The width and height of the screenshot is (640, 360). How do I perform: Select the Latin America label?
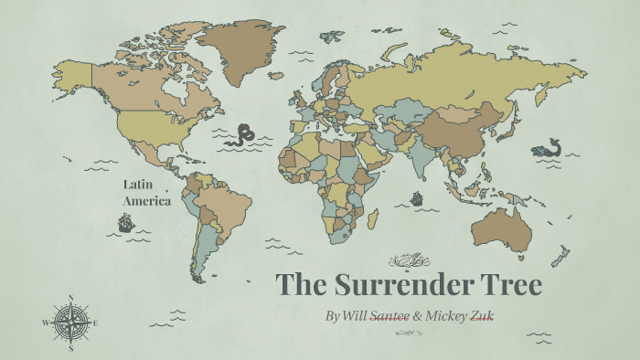coord(146,193)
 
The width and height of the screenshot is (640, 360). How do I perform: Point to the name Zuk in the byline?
coord(483,315)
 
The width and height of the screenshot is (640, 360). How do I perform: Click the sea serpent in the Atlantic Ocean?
coord(243,135)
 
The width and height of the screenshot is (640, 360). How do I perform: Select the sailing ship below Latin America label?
coord(125,222)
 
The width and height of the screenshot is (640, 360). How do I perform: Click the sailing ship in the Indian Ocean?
coord(417,197)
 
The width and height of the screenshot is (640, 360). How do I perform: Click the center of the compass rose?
coord(70,323)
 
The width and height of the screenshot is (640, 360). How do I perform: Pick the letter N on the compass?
coord(70,297)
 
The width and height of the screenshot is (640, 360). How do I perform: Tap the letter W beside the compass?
coord(45,323)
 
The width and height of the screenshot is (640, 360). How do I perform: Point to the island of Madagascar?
coord(373,219)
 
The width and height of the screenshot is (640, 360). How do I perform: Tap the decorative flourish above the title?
coord(408,259)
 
